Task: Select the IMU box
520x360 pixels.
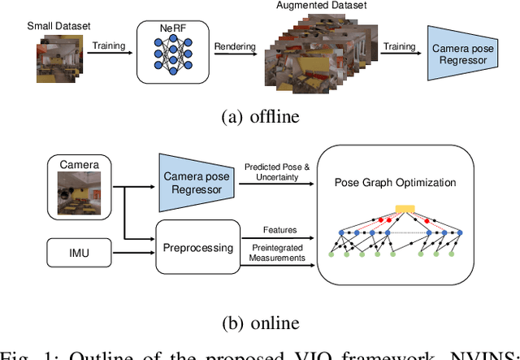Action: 78,253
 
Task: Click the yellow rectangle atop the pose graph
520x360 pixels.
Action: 404,209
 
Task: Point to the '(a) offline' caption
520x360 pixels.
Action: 261,116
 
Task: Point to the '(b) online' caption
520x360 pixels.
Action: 261,323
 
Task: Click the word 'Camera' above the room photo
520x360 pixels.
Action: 79,165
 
